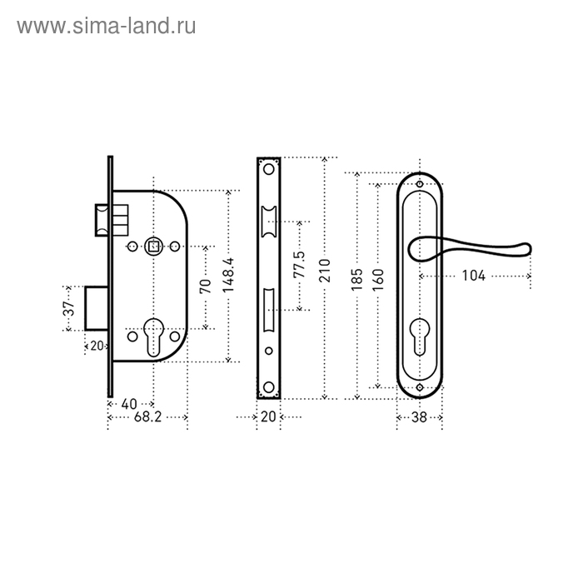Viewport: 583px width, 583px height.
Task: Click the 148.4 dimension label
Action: pyautogui.click(x=228, y=275)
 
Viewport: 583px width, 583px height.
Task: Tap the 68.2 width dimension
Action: pyautogui.click(x=148, y=417)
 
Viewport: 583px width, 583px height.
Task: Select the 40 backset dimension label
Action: pyautogui.click(x=129, y=404)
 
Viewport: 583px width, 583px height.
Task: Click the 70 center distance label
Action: pyautogui.click(x=205, y=287)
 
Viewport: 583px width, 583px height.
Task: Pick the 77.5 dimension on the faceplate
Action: pyautogui.click(x=299, y=264)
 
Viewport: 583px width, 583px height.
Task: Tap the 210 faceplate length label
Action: pyautogui.click(x=325, y=271)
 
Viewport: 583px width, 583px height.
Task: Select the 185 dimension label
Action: pyautogui.click(x=356, y=280)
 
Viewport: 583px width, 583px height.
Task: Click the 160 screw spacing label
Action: pyautogui.click(x=378, y=280)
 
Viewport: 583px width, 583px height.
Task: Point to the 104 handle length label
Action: pyautogui.click(x=473, y=276)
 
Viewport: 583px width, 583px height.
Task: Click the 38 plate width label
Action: pyautogui.click(x=419, y=417)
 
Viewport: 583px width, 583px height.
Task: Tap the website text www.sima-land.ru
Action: pyautogui.click(x=107, y=27)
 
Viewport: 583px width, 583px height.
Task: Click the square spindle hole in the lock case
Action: pyautogui.click(x=153, y=247)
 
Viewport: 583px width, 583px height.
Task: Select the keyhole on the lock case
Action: pyautogui.click(x=153, y=336)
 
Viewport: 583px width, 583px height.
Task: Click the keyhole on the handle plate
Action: pyautogui.click(x=420, y=336)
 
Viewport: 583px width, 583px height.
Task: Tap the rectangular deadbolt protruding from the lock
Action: pyautogui.click(x=97, y=308)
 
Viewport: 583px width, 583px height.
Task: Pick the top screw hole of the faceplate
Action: pyautogui.click(x=268, y=170)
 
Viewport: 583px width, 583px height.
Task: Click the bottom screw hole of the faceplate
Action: pyautogui.click(x=268, y=386)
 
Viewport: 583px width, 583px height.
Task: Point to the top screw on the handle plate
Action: pyautogui.click(x=420, y=184)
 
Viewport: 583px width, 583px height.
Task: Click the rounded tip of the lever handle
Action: pyautogui.click(x=526, y=249)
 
